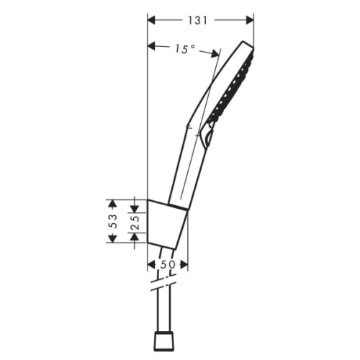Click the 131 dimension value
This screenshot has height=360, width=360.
coord(200,21)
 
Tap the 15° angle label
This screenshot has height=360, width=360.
coord(184,49)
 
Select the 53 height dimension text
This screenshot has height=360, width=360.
coord(113,221)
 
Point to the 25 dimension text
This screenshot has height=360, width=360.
coord(133,221)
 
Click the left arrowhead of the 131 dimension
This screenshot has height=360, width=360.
coord(150,21)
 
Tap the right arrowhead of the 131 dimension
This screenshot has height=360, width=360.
coord(251,21)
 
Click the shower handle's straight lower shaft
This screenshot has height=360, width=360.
coord(184,169)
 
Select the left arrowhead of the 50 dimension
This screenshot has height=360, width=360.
coord(150,266)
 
